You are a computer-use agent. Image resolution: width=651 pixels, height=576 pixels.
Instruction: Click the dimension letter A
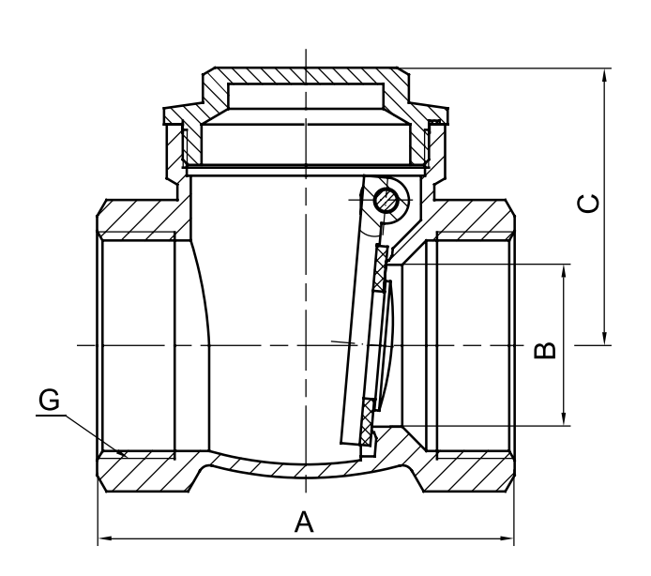coord(303,522)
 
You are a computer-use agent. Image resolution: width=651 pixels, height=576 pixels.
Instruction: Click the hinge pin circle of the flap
coord(386,200)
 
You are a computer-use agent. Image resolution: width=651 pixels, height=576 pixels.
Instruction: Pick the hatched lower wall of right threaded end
coord(469,470)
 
